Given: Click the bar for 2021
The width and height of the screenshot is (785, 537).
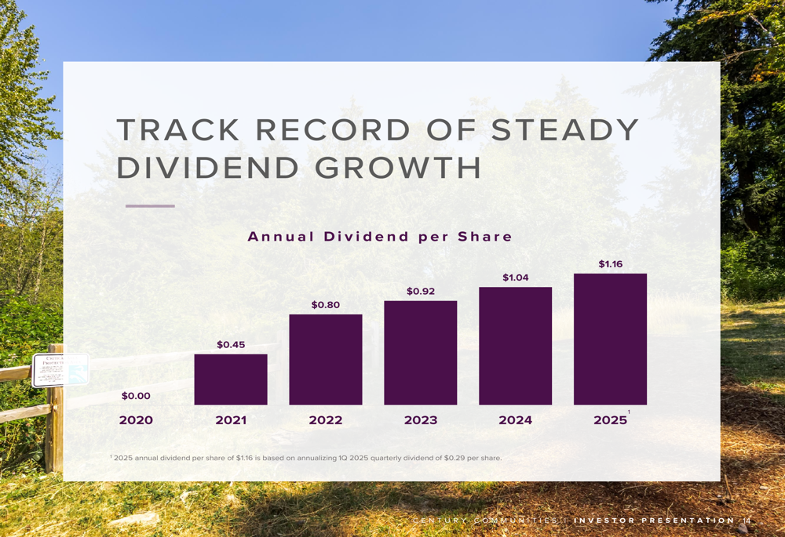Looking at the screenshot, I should [x=231, y=379].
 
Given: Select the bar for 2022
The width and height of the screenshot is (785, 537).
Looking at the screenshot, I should [x=326, y=360].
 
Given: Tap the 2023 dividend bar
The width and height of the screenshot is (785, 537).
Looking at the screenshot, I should [x=421, y=353].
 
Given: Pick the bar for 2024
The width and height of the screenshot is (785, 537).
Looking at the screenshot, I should [x=515, y=346].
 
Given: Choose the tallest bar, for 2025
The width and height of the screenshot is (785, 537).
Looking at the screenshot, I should [x=610, y=339].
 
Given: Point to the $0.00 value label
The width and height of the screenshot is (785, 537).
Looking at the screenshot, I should [x=136, y=396].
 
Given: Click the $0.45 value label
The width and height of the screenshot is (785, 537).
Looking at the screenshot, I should [x=231, y=345].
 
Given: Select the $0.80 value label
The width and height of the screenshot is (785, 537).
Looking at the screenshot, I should [x=326, y=305].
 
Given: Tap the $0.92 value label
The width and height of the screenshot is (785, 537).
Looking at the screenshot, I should [x=421, y=292].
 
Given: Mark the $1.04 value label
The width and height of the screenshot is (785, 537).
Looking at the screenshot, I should [x=515, y=278].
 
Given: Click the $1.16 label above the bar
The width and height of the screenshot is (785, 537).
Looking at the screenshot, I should [x=610, y=264].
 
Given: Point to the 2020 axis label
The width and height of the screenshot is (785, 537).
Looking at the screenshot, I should [x=136, y=420].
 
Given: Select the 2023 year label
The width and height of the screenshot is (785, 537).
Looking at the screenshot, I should [x=421, y=420].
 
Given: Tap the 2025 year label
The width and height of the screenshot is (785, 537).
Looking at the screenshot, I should [x=610, y=420].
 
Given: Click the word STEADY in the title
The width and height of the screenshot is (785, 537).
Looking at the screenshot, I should [x=565, y=130].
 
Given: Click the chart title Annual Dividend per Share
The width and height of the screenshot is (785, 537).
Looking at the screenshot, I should [x=380, y=237].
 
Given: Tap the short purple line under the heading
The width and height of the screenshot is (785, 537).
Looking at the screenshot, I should [x=150, y=206].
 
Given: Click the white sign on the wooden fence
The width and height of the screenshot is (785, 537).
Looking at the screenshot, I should [x=60, y=370].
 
